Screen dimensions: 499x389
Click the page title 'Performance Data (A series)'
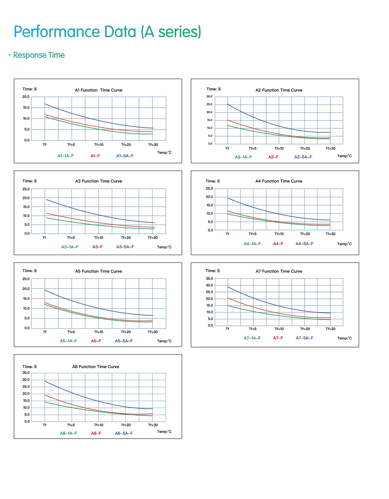[107, 32]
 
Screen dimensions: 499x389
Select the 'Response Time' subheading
[39, 55]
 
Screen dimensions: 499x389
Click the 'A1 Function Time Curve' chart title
[98, 90]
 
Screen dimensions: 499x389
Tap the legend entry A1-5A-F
[125, 156]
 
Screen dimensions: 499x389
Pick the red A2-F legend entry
[273, 157]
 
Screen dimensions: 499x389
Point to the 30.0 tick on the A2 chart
[209, 97]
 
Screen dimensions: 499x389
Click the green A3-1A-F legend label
[70, 247]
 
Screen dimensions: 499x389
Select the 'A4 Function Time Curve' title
[279, 181]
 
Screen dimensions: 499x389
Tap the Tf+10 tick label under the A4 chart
[279, 234]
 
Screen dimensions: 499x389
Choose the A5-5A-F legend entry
[124, 341]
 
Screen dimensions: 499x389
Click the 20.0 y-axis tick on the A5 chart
[26, 289]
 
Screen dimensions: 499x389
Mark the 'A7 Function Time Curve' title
[279, 271]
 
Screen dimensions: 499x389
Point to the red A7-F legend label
[278, 338]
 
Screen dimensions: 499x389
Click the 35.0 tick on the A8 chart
[26, 373]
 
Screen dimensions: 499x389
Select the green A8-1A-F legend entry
[68, 433]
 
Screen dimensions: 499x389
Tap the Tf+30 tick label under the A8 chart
[153, 425]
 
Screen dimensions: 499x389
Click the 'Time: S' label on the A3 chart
[30, 181]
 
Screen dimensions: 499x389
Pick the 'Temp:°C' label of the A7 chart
[345, 338]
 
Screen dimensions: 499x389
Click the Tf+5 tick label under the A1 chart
[71, 145]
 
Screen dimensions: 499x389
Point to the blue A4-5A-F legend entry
[304, 244]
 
